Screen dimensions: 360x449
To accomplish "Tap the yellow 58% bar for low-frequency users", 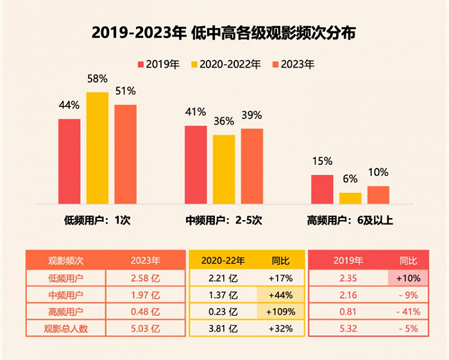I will [x=97, y=148].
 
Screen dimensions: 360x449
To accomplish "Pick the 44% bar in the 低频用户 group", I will [x=69, y=160].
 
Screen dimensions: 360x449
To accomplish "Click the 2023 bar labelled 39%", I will [x=252, y=166].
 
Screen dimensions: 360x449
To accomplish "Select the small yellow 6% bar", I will [x=350, y=198].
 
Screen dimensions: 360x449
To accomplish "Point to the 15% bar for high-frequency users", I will [x=322, y=189].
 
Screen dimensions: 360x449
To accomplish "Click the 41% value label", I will [x=195, y=112].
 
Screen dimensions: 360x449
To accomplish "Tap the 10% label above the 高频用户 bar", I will [x=378, y=172].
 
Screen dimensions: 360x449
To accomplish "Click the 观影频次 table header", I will [x=66, y=261].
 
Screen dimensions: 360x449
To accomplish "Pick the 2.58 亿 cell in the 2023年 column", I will [x=145, y=279].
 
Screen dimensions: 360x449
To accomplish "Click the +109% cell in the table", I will [x=281, y=313].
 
